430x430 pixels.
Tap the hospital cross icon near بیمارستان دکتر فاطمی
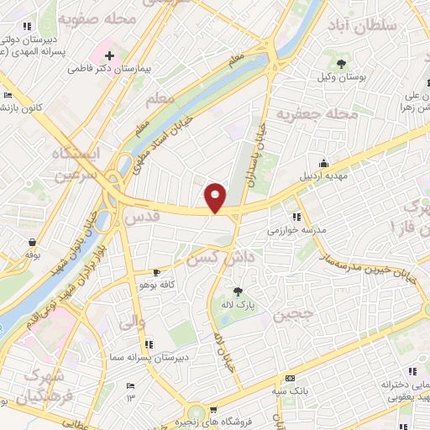(x=110, y=56)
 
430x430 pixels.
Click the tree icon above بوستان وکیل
(x=341, y=63)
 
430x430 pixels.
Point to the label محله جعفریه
(x=318, y=113)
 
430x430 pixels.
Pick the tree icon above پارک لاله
(x=238, y=291)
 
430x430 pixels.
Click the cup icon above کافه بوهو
(x=156, y=273)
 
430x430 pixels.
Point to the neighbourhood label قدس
(x=140, y=217)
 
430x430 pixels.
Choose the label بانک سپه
(x=290, y=391)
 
